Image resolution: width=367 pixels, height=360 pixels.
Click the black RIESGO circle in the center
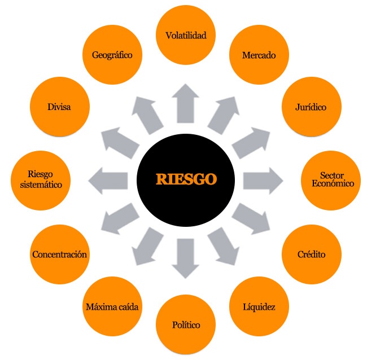(186, 179)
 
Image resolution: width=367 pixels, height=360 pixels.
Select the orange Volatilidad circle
(186, 36)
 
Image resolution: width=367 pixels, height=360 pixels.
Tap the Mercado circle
(258, 55)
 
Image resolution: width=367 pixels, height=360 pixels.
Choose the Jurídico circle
(311, 107)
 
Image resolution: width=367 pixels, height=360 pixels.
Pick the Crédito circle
(311, 254)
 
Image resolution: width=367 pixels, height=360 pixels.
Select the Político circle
(186, 325)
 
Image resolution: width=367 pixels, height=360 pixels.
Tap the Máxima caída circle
(112, 307)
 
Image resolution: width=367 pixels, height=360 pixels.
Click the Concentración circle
(59, 254)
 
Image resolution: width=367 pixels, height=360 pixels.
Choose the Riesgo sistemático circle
(40, 179)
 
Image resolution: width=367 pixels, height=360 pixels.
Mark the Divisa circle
(59, 107)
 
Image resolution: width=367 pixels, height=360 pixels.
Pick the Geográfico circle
(112, 55)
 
